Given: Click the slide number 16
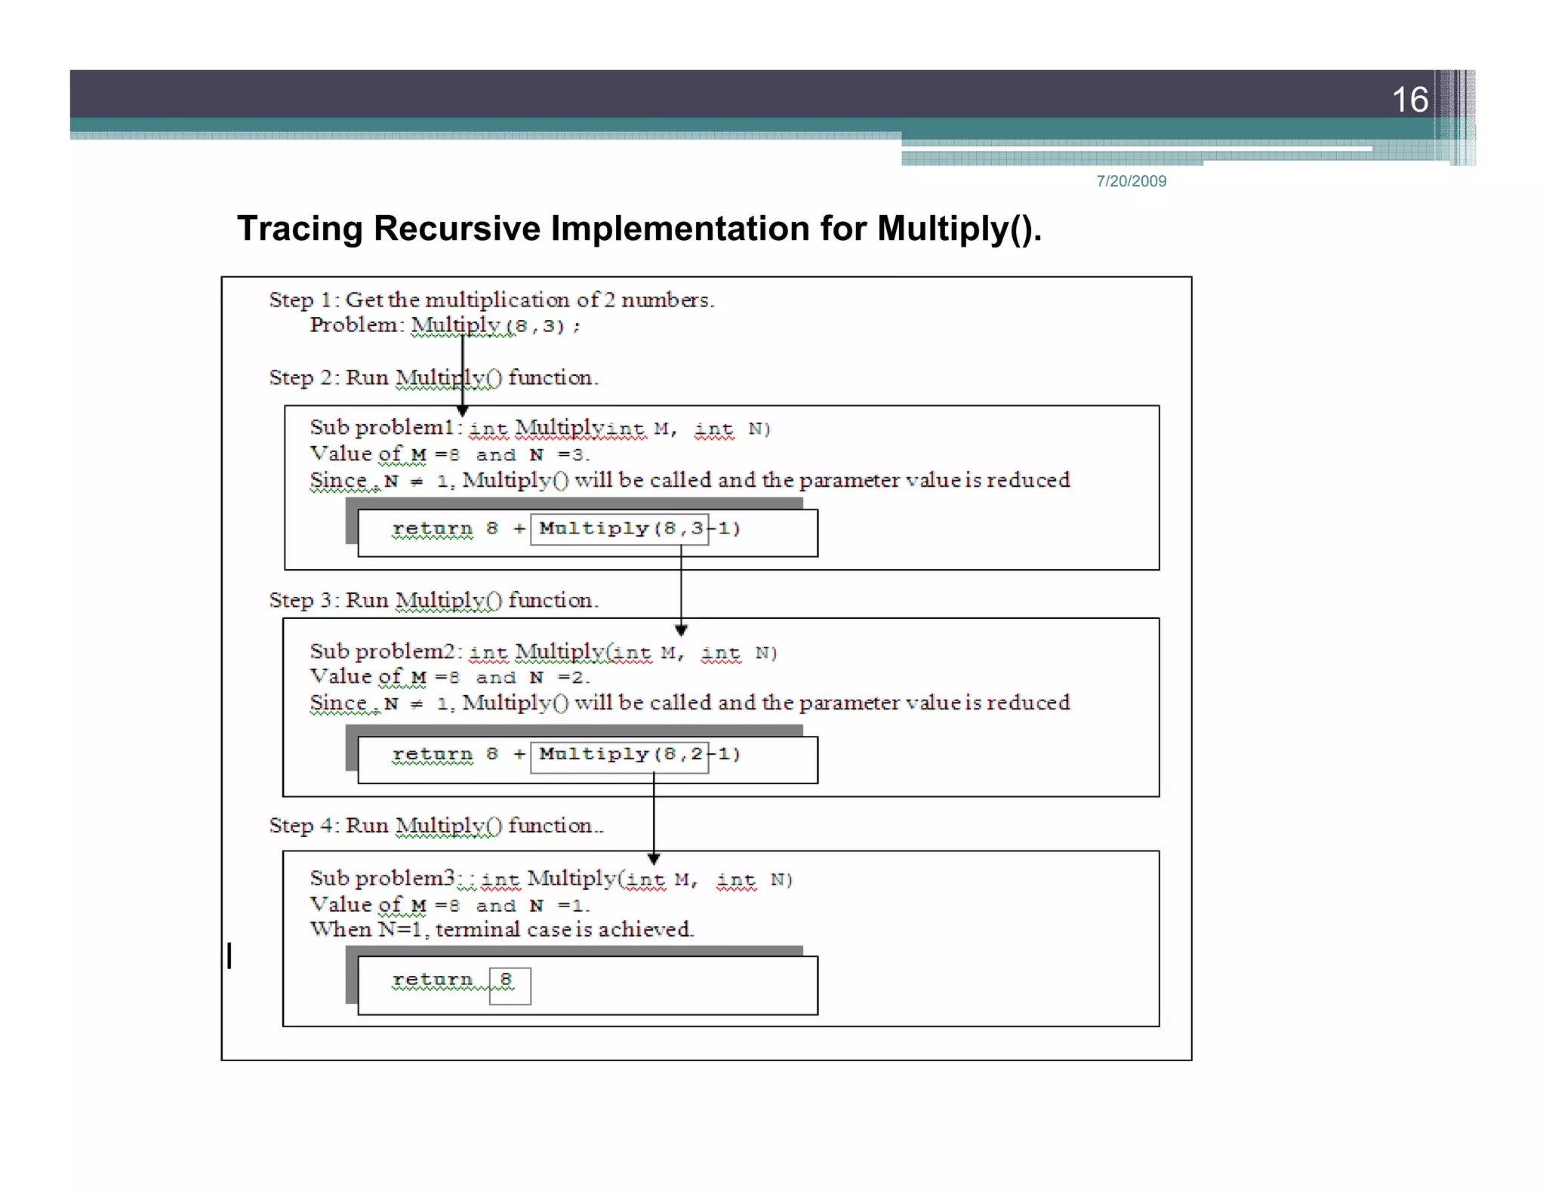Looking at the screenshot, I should [1409, 100].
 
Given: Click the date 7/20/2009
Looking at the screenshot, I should [1131, 181].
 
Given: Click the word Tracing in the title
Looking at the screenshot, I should [300, 229].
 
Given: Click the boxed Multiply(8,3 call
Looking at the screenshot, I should [619, 528].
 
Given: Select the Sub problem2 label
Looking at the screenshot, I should [384, 651].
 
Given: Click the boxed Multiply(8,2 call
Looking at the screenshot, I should [619, 754].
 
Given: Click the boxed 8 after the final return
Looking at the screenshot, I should [509, 984].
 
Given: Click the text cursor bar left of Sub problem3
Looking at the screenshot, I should [229, 956].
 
